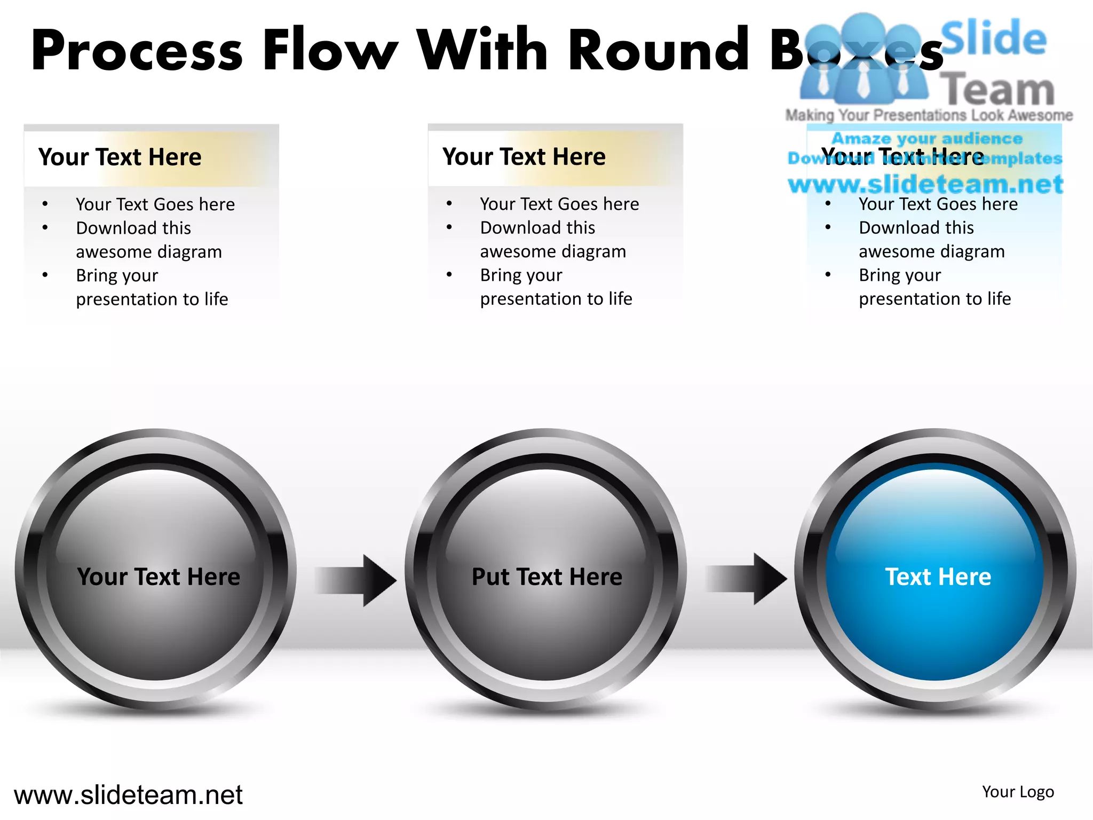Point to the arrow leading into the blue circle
coord(747,579)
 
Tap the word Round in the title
coord(660,50)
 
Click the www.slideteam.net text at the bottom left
coord(128,795)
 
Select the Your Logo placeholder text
coord(1018,792)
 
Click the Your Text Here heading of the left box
coord(120,157)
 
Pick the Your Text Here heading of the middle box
coord(524,156)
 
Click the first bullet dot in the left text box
coord(45,204)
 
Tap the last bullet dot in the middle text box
coord(449,275)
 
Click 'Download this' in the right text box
coord(916,228)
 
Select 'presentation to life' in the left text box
coord(152,299)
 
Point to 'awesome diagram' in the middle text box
coord(553,251)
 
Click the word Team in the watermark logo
coord(997,90)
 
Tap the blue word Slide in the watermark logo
coord(993,38)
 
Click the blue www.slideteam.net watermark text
coord(925,185)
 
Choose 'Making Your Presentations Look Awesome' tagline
coord(929,115)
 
